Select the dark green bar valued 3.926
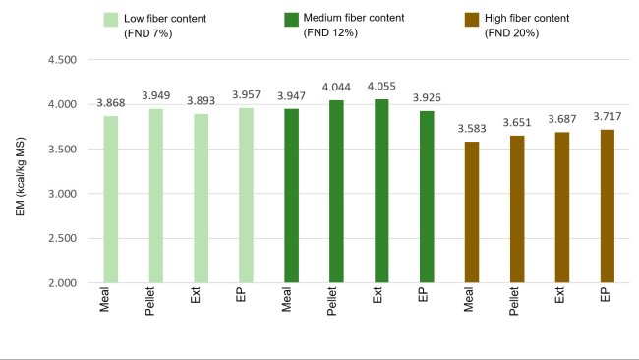[426, 197]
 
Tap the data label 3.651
[515, 125]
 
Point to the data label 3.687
[561, 122]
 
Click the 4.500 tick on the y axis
[62, 60]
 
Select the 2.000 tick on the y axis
[62, 283]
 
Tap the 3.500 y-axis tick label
[62, 150]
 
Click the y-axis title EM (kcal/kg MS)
[21, 172]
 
